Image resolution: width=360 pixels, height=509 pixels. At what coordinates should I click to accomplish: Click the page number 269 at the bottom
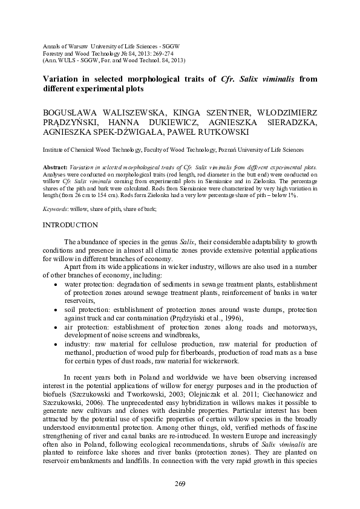(x=180, y=484)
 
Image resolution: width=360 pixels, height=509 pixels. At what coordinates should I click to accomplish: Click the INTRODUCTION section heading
(x=70, y=225)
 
